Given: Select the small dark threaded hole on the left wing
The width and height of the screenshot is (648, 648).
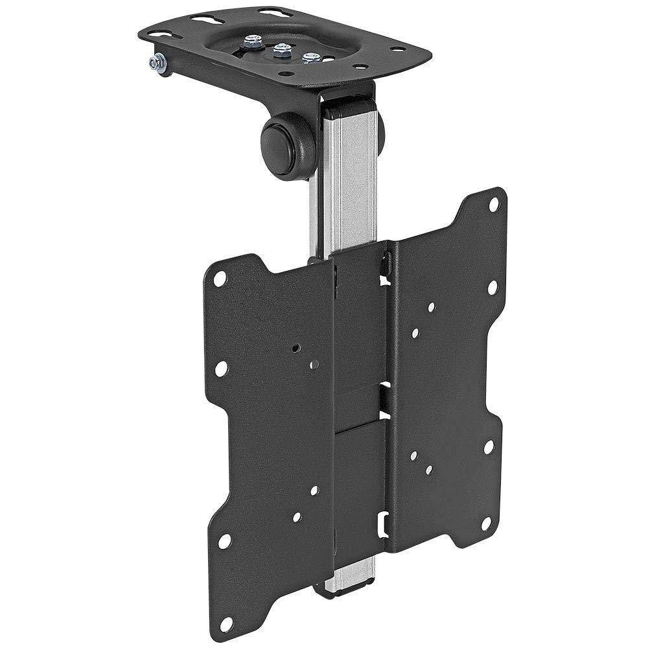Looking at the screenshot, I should coord(297,347).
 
